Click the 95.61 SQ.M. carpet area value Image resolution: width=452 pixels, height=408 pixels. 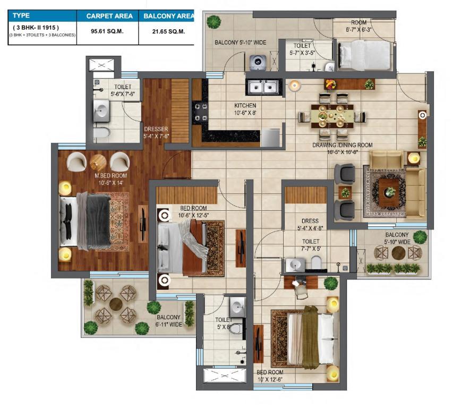[107, 31]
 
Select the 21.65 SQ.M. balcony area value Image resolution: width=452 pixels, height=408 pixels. [168, 31]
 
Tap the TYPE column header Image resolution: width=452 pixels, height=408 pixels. [21, 15]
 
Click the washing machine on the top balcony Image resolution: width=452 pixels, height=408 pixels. [258, 62]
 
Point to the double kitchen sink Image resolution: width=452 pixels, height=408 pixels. [263, 87]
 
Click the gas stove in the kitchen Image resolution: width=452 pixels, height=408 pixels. [200, 113]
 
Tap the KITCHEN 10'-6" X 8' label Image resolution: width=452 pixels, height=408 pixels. [245, 109]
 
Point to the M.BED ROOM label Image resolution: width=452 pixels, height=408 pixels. [110, 176]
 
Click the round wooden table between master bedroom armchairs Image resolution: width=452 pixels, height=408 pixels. [98, 163]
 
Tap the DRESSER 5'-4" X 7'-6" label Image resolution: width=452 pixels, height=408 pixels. [156, 133]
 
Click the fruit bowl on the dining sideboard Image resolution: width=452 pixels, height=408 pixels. [331, 84]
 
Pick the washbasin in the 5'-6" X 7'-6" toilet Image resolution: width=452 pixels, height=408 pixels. [101, 110]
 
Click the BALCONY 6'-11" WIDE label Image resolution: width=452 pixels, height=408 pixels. [168, 321]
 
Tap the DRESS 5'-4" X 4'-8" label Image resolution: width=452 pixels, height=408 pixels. [310, 224]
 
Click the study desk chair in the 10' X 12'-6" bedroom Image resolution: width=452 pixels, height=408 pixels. [301, 292]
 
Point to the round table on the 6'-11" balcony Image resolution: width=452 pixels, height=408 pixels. [116, 304]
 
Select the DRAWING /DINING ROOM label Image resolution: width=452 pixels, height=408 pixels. [343, 145]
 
